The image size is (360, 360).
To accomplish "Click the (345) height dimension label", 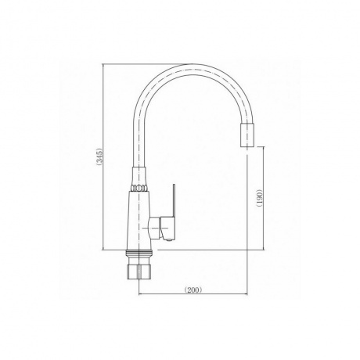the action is pos(100,157).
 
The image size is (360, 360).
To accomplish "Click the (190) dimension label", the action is pos(259,197).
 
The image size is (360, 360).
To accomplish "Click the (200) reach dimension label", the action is pos(193,290).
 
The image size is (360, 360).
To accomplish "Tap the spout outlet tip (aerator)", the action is pos(247,135).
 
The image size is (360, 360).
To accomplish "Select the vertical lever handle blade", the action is pos(173,201).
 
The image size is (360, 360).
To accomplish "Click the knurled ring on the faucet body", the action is pos(139,188).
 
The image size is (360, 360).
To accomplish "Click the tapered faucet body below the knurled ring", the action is pos(139,221).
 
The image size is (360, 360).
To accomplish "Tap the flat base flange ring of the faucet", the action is pos(139,253).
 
